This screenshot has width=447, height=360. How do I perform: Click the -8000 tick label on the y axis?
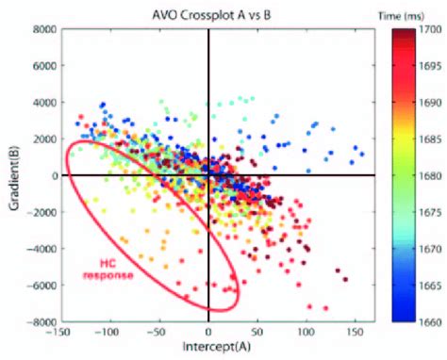[x=41, y=322]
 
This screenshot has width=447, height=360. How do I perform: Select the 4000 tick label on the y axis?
[x=42, y=103]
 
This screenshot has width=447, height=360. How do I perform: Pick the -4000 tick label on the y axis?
[x=41, y=249]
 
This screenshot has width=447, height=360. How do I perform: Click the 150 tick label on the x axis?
[x=355, y=333]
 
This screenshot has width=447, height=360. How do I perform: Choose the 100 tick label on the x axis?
[x=306, y=333]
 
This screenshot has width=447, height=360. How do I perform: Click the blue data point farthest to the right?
[x=361, y=155]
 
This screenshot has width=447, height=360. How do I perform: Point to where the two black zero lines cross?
[x=208, y=175]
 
